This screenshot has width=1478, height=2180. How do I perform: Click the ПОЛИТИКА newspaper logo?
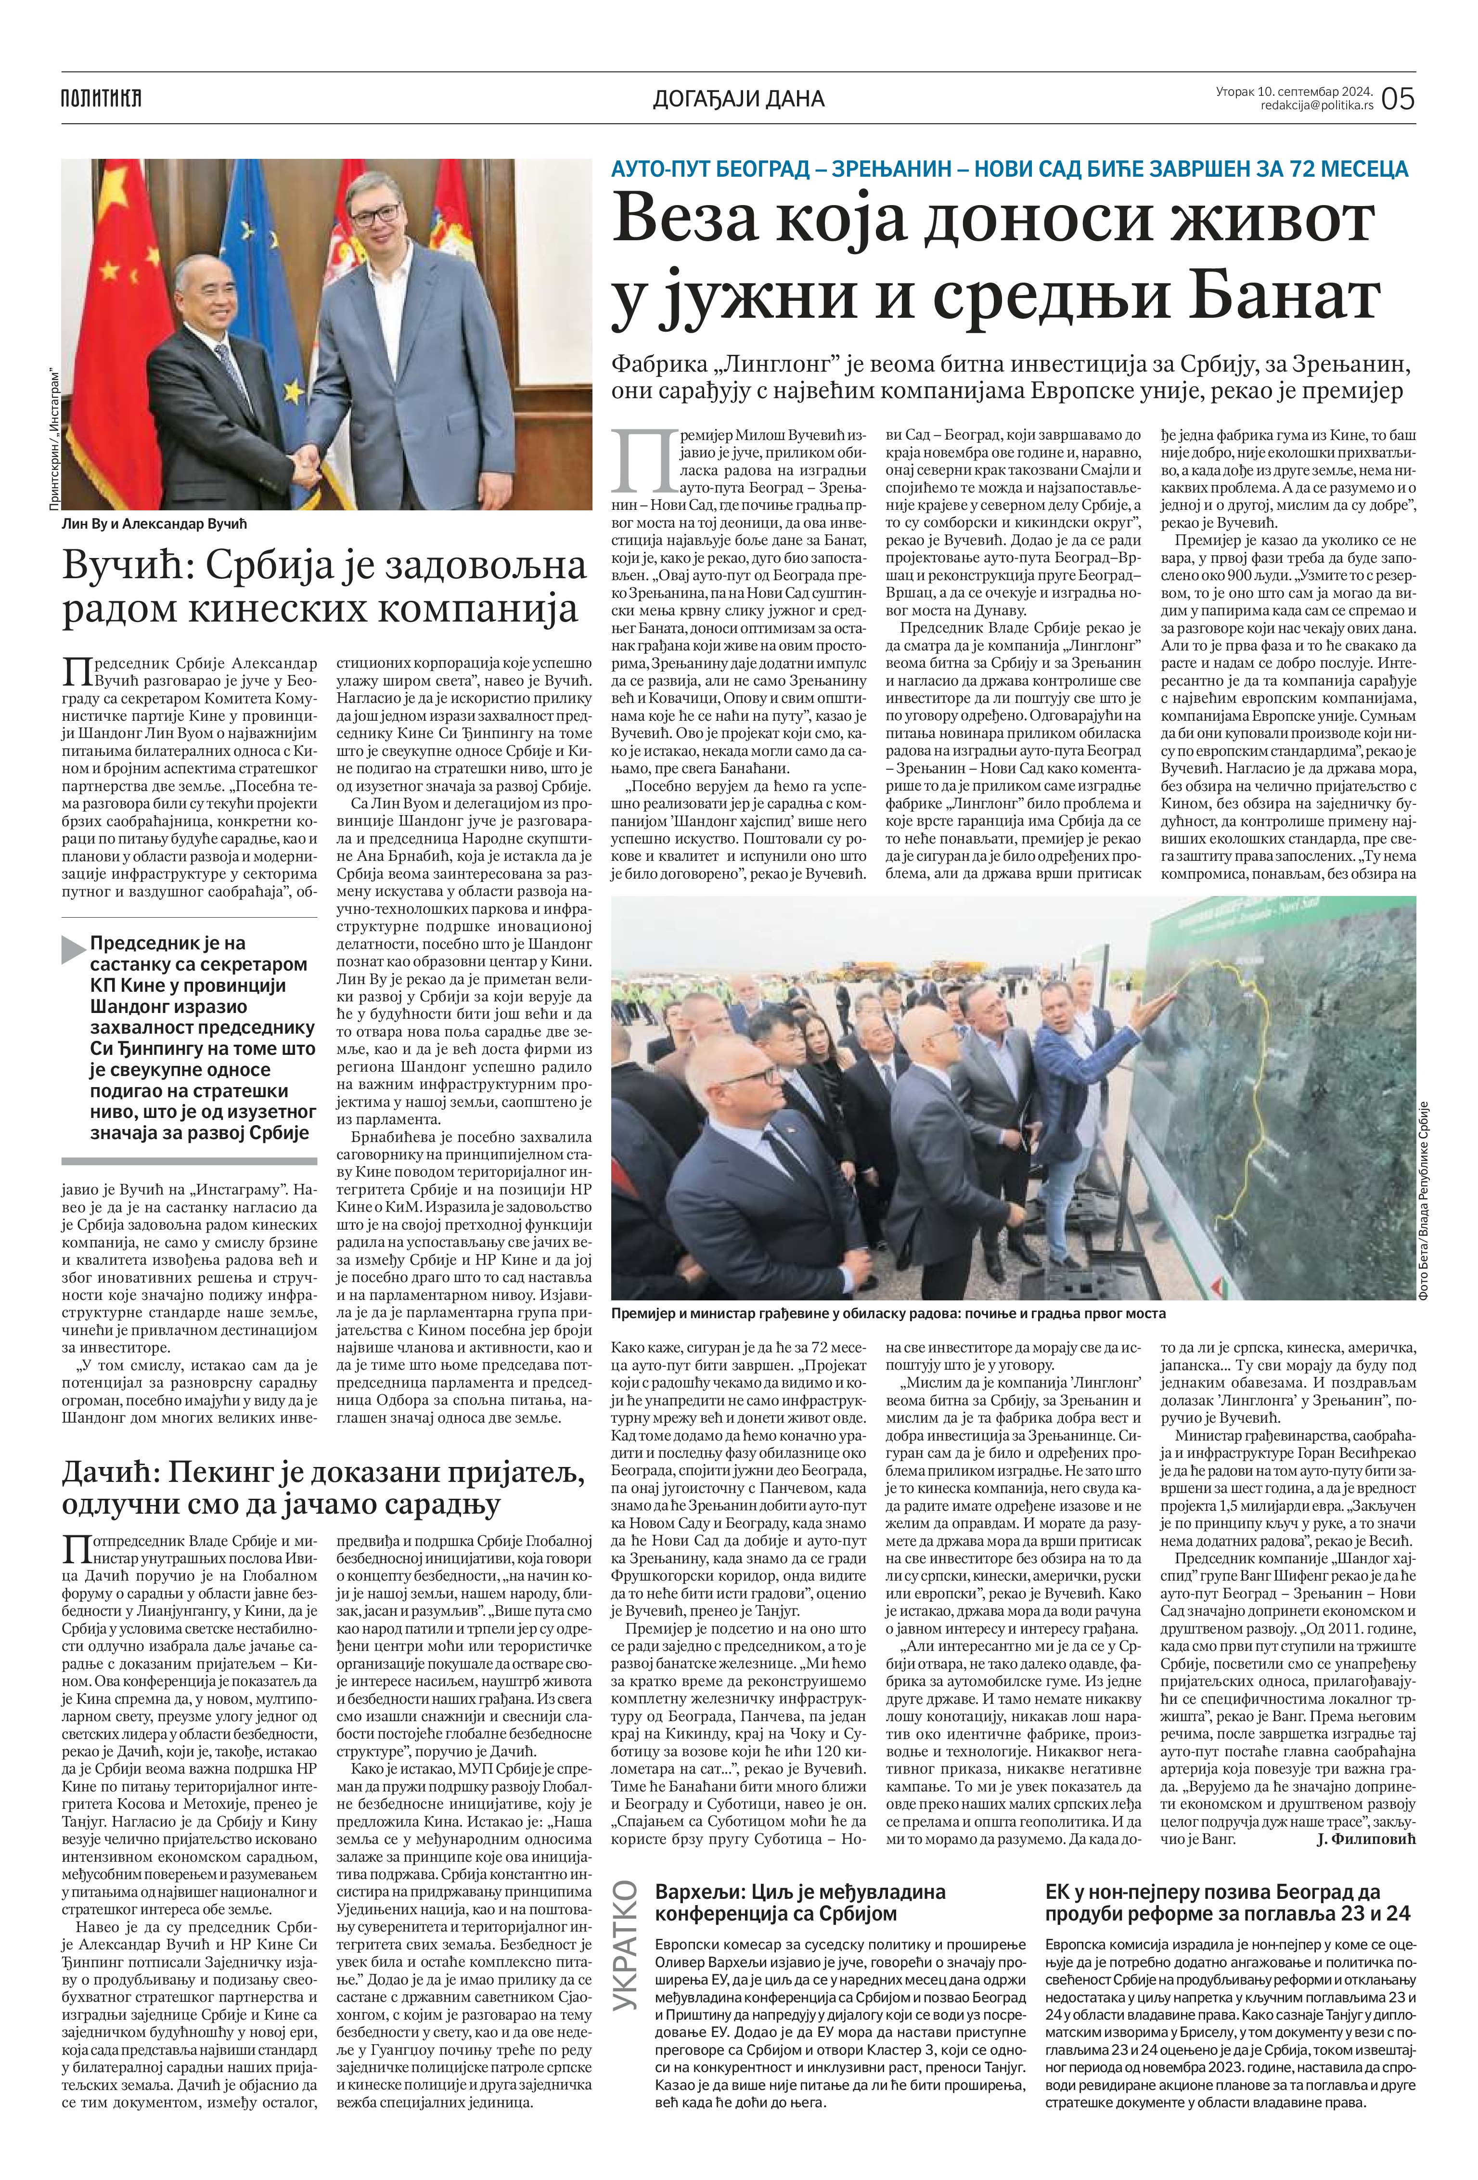101,97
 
